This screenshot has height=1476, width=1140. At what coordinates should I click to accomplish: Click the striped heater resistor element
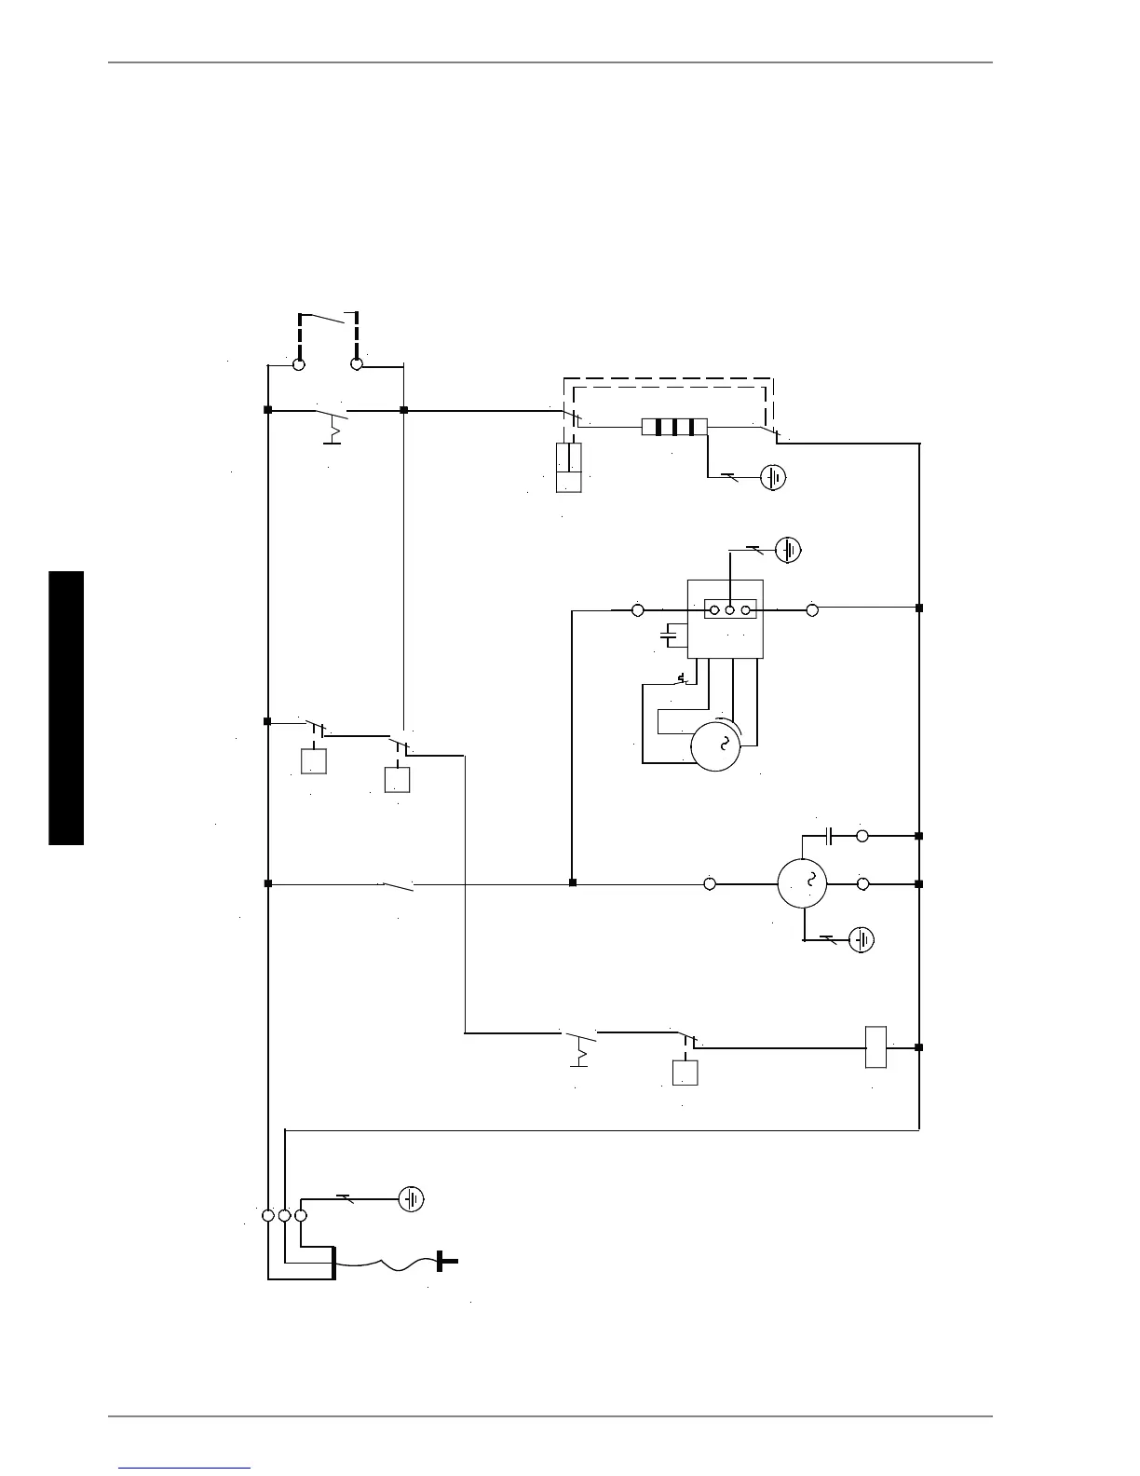pyautogui.click(x=674, y=428)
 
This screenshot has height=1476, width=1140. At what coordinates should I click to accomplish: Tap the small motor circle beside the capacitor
pyautogui.click(x=802, y=882)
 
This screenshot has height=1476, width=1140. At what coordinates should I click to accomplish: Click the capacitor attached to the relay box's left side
pyautogui.click(x=669, y=635)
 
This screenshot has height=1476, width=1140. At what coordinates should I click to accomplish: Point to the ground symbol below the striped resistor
pyautogui.click(x=773, y=478)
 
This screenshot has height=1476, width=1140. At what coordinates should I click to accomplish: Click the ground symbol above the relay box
pyautogui.click(x=789, y=550)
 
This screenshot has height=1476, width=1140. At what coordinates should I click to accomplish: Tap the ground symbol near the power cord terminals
pyautogui.click(x=411, y=1199)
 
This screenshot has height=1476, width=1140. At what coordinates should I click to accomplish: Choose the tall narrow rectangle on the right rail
pyautogui.click(x=875, y=1046)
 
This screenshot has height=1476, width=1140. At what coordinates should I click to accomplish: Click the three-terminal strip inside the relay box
pyautogui.click(x=729, y=610)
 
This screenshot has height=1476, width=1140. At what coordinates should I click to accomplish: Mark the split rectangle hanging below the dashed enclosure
pyautogui.click(x=569, y=468)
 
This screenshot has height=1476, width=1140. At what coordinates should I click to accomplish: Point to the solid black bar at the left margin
pyautogui.click(x=67, y=708)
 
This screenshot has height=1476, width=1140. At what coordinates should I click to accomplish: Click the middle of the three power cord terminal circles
pyautogui.click(x=284, y=1215)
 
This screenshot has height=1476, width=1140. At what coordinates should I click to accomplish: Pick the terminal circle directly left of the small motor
pyautogui.click(x=710, y=883)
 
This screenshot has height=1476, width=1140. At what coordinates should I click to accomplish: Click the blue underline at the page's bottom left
pyautogui.click(x=184, y=1469)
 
